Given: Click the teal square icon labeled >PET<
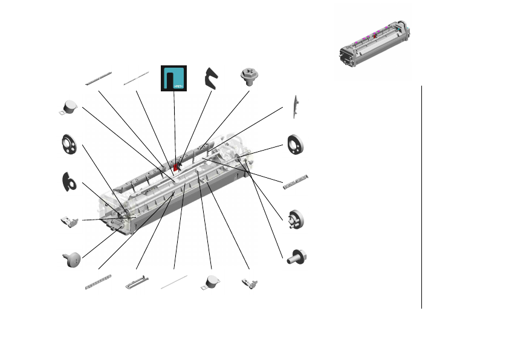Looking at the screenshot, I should pos(173,78).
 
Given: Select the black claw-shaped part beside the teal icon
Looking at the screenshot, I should pos(212,78).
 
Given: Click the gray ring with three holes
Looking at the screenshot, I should pos(71,144).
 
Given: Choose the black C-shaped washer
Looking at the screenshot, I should pos(70,180).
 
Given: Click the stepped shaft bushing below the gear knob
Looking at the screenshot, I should pos(297,258).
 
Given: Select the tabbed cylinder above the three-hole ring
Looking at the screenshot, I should pos(70,107).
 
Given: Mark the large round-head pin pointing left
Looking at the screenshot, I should pos(71,258).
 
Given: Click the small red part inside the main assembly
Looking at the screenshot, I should pos(177,165).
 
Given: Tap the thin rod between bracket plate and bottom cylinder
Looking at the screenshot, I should pos(173,282).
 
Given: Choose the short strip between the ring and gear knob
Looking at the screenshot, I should pos(296,182).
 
